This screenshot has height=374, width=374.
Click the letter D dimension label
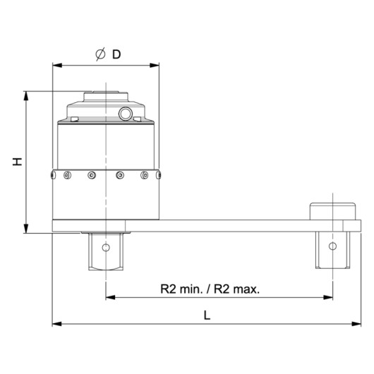coord(116,54)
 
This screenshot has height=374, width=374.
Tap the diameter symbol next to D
coord(100,54)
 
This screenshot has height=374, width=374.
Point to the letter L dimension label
coord(207,316)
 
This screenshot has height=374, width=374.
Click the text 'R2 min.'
coord(180,289)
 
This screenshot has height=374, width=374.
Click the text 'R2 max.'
coord(235,289)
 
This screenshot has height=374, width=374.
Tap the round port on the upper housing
coord(126,114)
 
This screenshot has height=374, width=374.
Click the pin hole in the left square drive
coord(105,248)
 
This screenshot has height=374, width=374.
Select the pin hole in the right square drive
coord(332,246)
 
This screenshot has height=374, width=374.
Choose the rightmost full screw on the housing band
coord(144,176)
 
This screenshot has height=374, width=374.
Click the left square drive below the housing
coord(105,251)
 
